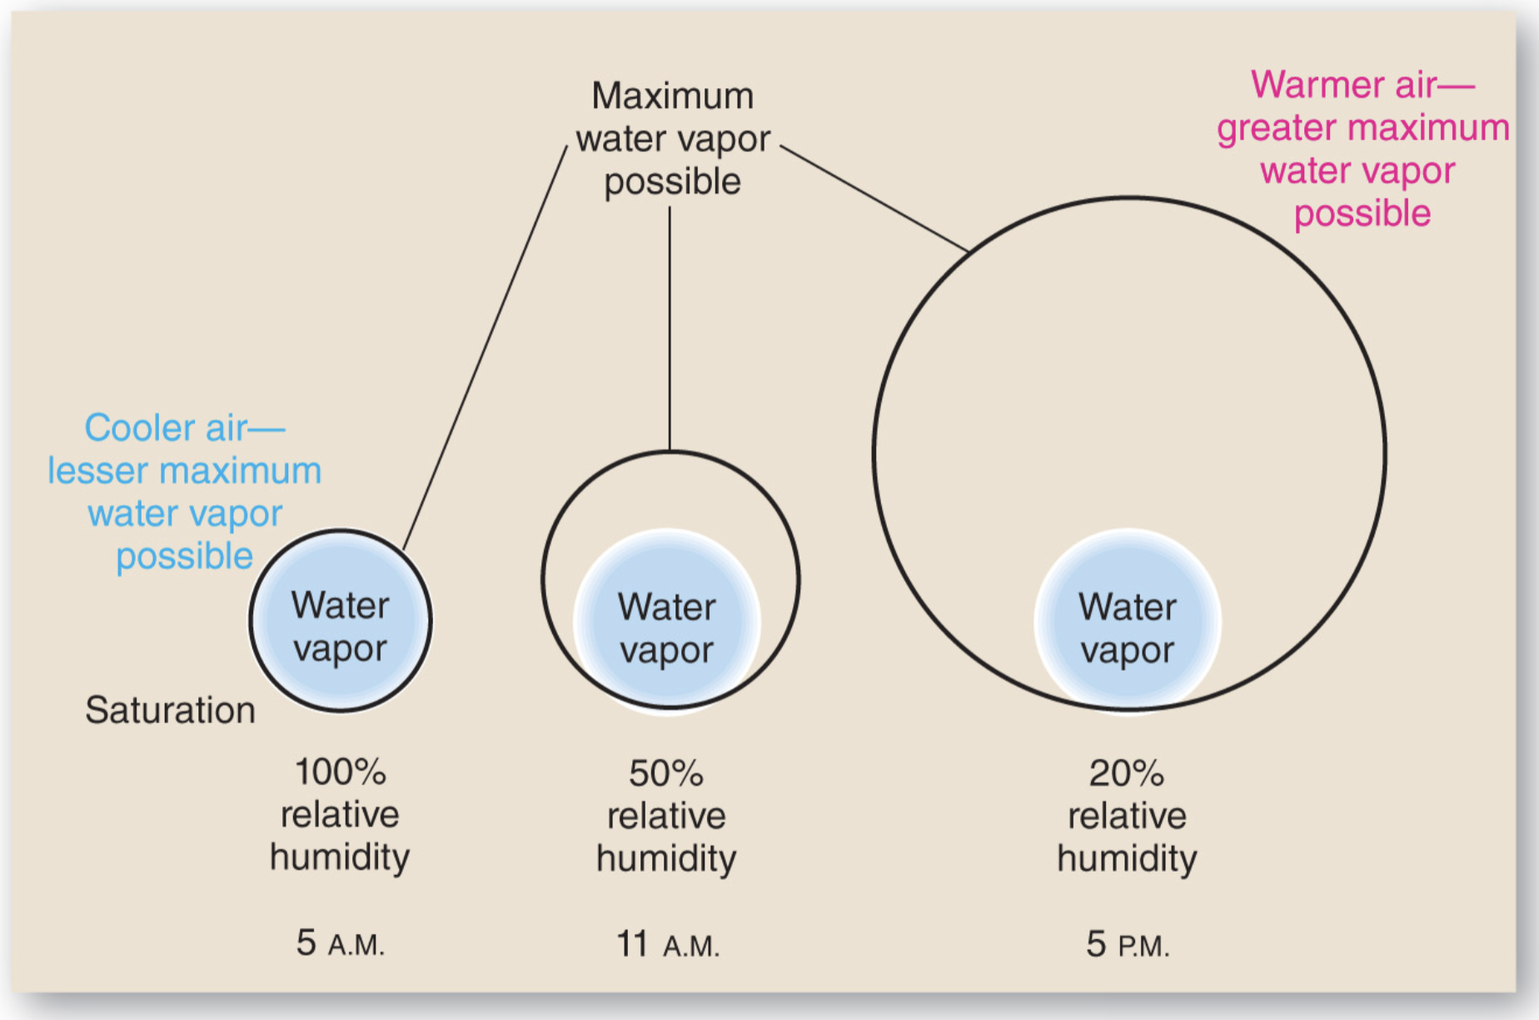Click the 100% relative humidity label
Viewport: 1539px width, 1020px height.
point(340,813)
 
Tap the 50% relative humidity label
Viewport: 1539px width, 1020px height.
point(666,815)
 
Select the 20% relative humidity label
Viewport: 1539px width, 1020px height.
point(1127,815)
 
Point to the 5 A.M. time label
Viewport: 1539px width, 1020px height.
point(340,943)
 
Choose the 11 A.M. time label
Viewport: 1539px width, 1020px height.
point(667,945)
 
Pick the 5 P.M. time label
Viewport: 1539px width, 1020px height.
point(1128,945)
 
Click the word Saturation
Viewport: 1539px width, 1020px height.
point(170,710)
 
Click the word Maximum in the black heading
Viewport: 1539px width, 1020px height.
point(672,96)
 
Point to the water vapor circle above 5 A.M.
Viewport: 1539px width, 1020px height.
point(340,621)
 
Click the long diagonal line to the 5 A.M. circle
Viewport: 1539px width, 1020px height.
point(486,346)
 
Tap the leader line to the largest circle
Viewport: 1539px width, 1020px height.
point(874,198)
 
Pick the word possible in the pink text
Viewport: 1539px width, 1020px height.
point(1362,213)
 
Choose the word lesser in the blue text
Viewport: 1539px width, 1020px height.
point(97,471)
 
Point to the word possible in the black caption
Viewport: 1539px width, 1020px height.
point(672,182)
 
